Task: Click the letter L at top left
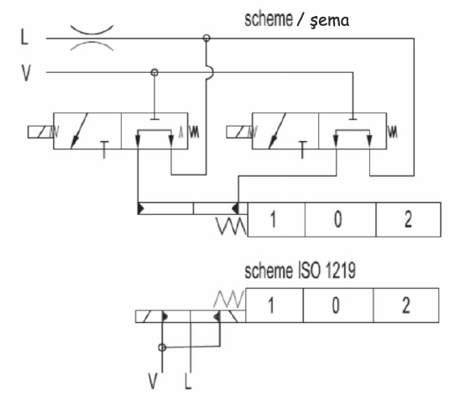pyautogui.click(x=24, y=37)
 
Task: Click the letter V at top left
pyautogui.click(x=26, y=73)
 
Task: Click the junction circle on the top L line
pyautogui.click(x=206, y=38)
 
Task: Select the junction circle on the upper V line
pyautogui.click(x=154, y=72)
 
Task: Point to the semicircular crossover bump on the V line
pyautogui.click(x=212, y=72)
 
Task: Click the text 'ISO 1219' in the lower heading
pyautogui.click(x=326, y=271)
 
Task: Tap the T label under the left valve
pyautogui.click(x=104, y=149)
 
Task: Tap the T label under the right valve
pyautogui.click(x=302, y=149)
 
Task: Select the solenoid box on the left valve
pyautogui.click(x=40, y=132)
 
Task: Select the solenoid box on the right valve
pyautogui.click(x=239, y=132)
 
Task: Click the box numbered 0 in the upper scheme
pyautogui.click(x=341, y=219)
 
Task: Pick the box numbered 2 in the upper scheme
pyautogui.click(x=409, y=219)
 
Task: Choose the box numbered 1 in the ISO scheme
pyautogui.click(x=274, y=305)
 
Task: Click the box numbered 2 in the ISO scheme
pyautogui.click(x=406, y=305)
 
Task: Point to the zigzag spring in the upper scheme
pyautogui.click(x=232, y=227)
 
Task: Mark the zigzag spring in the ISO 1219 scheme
pyautogui.click(x=229, y=299)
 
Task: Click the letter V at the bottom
pyautogui.click(x=153, y=381)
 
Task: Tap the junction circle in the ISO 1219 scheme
pyautogui.click(x=162, y=347)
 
